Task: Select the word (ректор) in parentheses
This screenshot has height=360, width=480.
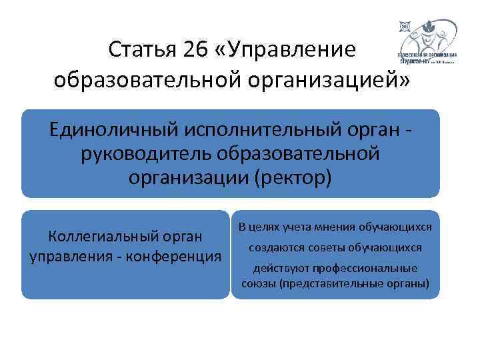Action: (x=294, y=179)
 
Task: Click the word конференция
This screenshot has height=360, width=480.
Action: (x=176, y=256)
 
